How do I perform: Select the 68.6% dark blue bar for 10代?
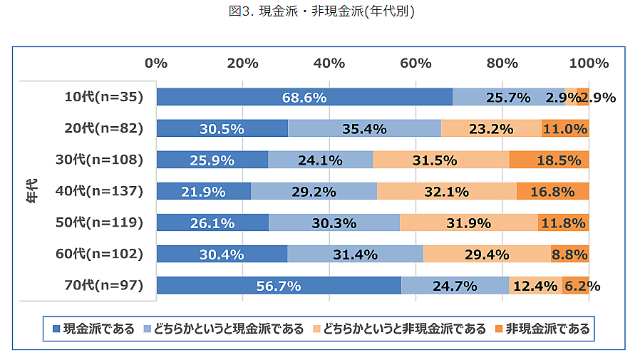304,97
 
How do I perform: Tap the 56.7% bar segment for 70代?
279,286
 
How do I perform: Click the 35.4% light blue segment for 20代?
364,128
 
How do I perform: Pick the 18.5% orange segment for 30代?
549,160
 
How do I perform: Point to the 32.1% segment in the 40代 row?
446,191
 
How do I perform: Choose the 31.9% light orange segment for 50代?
468,223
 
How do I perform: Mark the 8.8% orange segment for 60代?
569,254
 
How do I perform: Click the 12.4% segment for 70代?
535,286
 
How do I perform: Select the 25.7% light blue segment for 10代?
508,97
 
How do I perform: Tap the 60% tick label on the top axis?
416,63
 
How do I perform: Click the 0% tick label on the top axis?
156,63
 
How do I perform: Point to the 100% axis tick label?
589,63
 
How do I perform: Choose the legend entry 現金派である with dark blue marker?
94,329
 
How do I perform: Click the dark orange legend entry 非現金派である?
543,329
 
